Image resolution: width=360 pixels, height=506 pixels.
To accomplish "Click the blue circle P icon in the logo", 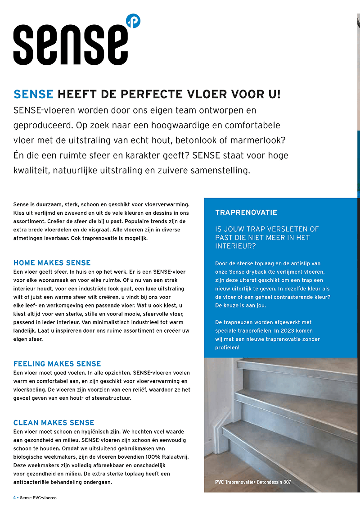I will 133,21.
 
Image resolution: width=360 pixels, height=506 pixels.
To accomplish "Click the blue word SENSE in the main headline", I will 34,94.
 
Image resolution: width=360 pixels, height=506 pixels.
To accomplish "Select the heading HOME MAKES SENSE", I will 52,263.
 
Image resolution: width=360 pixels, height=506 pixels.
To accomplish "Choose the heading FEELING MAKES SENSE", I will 57,364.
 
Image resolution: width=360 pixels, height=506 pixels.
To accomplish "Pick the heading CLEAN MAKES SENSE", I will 54,423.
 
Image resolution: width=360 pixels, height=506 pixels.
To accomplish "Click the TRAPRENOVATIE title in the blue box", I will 246,212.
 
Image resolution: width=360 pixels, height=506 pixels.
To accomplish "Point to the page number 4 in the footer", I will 14,497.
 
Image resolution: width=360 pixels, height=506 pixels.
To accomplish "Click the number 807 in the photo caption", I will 287,482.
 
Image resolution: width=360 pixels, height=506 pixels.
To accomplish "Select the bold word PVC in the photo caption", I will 220,482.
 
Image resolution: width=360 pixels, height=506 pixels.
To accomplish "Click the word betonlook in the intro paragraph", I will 204,140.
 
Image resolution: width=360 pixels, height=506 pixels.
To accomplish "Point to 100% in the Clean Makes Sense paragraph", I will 153,457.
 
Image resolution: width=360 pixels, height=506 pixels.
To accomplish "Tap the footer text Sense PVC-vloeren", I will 38,497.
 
